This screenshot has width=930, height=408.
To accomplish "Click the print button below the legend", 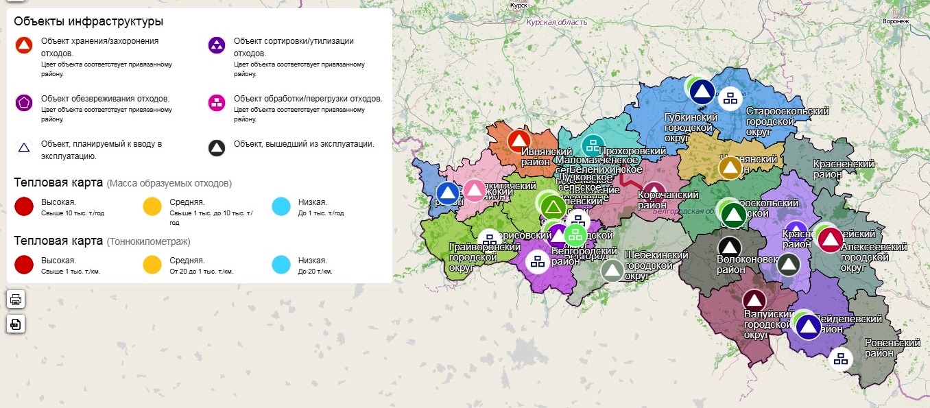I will pyautogui.click(x=16, y=299).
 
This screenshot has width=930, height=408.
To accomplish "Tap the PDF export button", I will pyautogui.click(x=16, y=324).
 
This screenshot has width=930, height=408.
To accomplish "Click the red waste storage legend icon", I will pyautogui.click(x=24, y=46).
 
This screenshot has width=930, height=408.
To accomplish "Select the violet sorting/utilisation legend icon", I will pyautogui.click(x=217, y=46).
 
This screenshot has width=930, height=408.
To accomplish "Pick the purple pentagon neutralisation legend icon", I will pyautogui.click(x=24, y=103).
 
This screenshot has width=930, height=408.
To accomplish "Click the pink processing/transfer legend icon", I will pyautogui.click(x=217, y=103).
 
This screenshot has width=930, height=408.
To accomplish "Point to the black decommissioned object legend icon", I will pyautogui.click(x=217, y=148).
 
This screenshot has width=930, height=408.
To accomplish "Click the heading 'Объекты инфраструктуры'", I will pyautogui.click(x=88, y=21).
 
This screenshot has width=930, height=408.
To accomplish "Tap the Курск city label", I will pyautogui.click(x=518, y=5).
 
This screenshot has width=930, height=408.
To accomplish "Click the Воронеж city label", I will pyautogui.click(x=896, y=21).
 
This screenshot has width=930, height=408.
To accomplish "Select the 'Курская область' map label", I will pyautogui.click(x=556, y=23).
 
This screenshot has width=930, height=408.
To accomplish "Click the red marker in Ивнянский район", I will pyautogui.click(x=519, y=141).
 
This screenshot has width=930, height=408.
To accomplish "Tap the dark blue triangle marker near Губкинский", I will pyautogui.click(x=702, y=91).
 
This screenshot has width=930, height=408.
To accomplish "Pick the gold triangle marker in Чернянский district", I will pyautogui.click(x=731, y=168).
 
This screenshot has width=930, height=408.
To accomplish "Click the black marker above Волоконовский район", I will pyautogui.click(x=730, y=247).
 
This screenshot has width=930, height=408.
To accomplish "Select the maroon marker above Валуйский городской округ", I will pyautogui.click(x=754, y=300).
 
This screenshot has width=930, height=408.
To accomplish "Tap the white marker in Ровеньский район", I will pyautogui.click(x=840, y=359).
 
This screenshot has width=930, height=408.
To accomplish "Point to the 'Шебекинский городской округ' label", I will pyautogui.click(x=656, y=265).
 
